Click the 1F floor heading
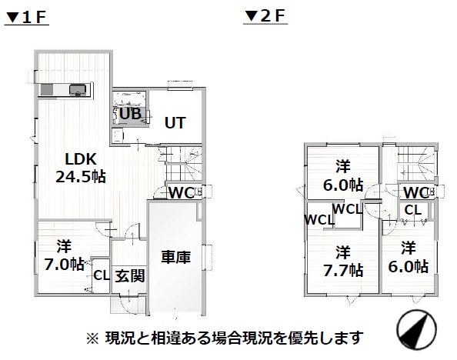point(26,18)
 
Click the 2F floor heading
point(265,16)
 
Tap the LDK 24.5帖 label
point(81,168)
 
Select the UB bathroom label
point(131,114)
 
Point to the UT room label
point(175,123)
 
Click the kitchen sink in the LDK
point(78,89)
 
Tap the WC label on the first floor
point(182,192)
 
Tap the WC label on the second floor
point(416,192)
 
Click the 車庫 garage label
point(176,257)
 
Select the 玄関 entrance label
point(130,275)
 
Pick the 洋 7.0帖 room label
point(65,255)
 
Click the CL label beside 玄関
point(101,275)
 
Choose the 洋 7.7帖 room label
point(343,262)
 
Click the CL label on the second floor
point(413,210)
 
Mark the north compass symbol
point(416,330)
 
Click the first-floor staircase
point(180,164)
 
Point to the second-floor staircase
point(416,164)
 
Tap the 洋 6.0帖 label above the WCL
point(343,176)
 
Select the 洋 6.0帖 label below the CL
point(409,257)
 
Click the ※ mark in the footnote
point(92,339)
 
